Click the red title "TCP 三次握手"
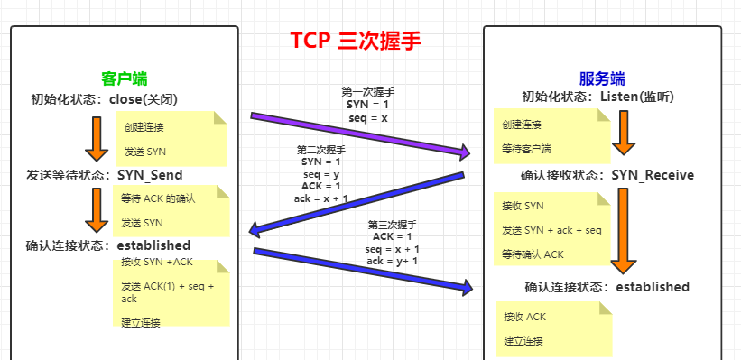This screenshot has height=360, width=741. pyautogui.click(x=355, y=42)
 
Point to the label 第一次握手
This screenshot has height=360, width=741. pyautogui.click(x=367, y=92)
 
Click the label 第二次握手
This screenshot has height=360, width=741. pyautogui.click(x=321, y=149)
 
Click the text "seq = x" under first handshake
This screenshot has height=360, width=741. pyautogui.click(x=367, y=117)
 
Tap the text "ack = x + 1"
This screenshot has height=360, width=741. pyautogui.click(x=321, y=198)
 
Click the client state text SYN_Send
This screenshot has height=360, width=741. pyautogui.click(x=149, y=173)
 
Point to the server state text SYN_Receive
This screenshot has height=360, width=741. pyautogui.click(x=653, y=175)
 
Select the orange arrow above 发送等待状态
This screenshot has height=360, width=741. pyautogui.click(x=94, y=139)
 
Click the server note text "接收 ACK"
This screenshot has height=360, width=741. pyautogui.click(x=524, y=317)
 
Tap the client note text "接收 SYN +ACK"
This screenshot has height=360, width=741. pyautogui.click(x=157, y=262)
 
